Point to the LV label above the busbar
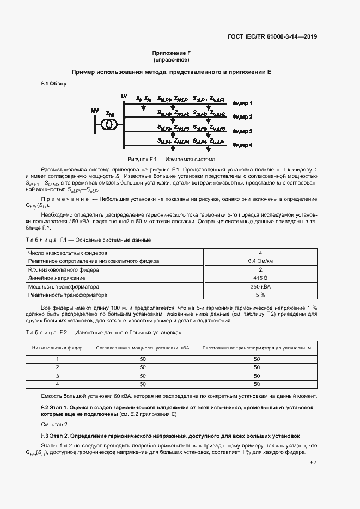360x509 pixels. [124, 96]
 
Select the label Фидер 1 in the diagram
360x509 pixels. [242, 103]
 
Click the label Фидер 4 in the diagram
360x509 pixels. [242, 145]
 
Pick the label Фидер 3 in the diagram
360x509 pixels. [242, 131]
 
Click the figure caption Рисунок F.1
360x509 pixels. [172, 160]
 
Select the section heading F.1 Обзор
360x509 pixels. [54, 84]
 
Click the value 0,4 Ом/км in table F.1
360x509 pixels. [260, 261]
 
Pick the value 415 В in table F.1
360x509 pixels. [260, 278]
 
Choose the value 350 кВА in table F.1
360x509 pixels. [260, 287]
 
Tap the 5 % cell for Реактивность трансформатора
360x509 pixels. [260, 295]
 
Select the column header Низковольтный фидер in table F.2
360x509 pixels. [57, 347]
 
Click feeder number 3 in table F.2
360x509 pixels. [57, 376]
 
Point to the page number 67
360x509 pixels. [314, 463]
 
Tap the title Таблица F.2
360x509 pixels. [46, 332]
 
